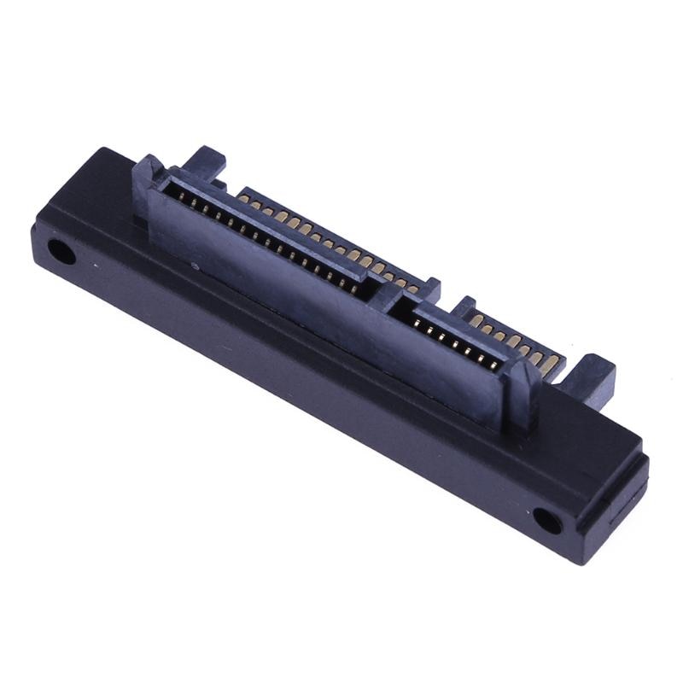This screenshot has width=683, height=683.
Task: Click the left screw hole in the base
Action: pyautogui.click(x=61, y=252)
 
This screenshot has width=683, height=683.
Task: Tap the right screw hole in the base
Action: pyautogui.click(x=547, y=520)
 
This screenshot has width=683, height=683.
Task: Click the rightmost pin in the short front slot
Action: pyautogui.click(x=496, y=365)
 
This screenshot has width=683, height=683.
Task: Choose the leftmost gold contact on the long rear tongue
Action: pyautogui.click(x=244, y=198)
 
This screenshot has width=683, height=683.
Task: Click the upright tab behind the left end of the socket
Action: pyautogui.click(x=205, y=162)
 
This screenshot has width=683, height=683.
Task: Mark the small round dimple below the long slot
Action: pyautogui.click(x=196, y=266)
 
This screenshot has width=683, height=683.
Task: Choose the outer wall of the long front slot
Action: pyautogui.click(x=256, y=256)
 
